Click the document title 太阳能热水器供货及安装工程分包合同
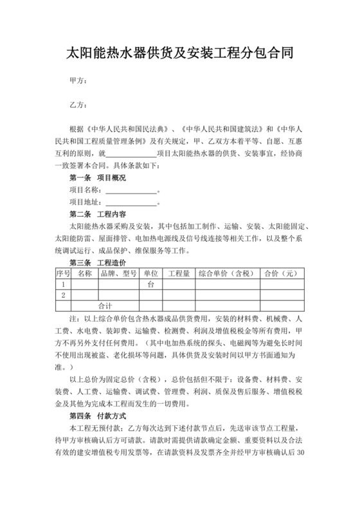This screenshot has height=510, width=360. click(x=180, y=53)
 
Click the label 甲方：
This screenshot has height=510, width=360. click(x=78, y=82)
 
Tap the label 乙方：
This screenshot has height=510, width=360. click(x=78, y=105)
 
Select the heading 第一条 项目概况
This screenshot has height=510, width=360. click(x=98, y=177)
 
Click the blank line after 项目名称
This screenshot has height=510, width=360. click(x=131, y=190)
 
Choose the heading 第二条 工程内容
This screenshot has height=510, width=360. click(x=98, y=214)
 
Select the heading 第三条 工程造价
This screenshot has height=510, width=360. click(x=98, y=263)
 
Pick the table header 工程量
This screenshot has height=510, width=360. click(x=178, y=273)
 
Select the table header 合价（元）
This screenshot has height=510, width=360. click(x=281, y=273)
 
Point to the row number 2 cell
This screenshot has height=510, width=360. click(x=62, y=295)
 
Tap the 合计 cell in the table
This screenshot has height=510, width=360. click(x=105, y=305)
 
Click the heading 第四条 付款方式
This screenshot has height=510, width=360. click(x=98, y=416)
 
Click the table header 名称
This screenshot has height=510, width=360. click(x=84, y=273)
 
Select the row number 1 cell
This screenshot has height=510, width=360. click(x=62, y=284)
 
